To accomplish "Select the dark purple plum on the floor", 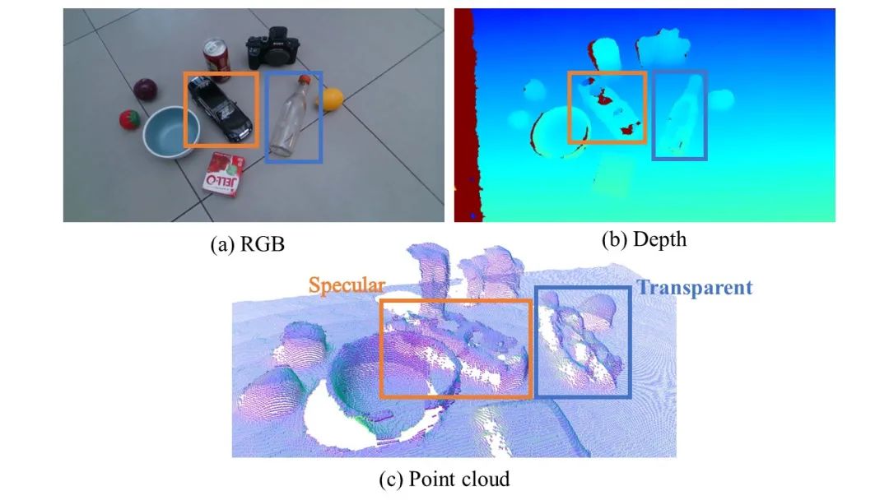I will [146, 88].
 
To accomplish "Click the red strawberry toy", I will [129, 120].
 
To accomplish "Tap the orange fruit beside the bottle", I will [332, 100].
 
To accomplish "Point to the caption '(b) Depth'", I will [645, 240].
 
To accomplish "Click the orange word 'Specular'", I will [347, 285].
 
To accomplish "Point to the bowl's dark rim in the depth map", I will [539, 131].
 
